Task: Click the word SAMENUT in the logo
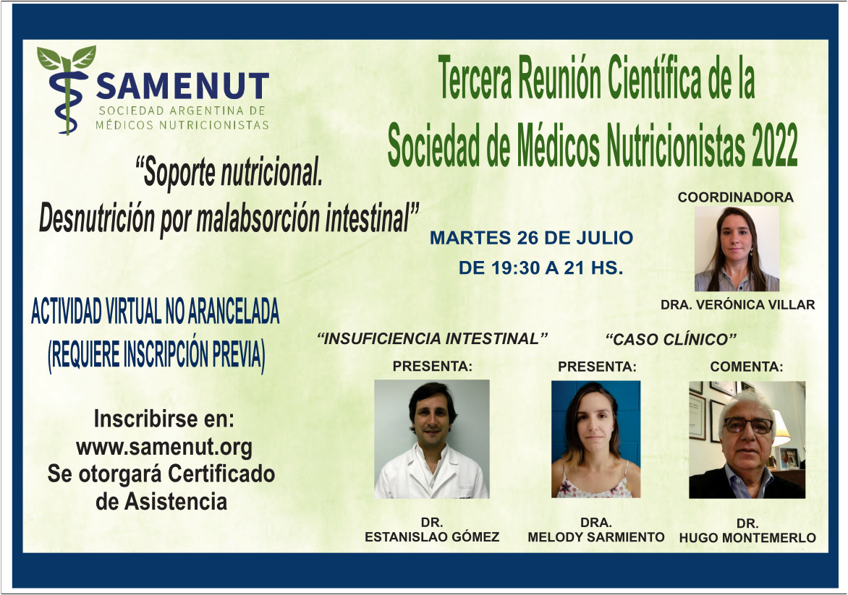(183, 86)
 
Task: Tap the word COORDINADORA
(736, 197)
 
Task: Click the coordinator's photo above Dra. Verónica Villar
(737, 249)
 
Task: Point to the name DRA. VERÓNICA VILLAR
(738, 305)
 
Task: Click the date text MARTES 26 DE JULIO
(532, 238)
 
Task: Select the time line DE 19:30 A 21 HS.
(540, 267)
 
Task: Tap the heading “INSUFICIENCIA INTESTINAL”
(432, 339)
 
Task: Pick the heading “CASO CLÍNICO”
(671, 339)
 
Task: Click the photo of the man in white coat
(432, 439)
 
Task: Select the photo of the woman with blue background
(596, 439)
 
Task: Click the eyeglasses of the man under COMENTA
(748, 425)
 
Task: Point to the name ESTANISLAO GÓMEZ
(432, 537)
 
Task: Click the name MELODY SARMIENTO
(596, 537)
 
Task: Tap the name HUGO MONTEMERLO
(747, 538)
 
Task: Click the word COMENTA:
(746, 367)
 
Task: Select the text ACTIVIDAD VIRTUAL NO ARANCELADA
(156, 312)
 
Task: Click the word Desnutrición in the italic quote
(97, 219)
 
